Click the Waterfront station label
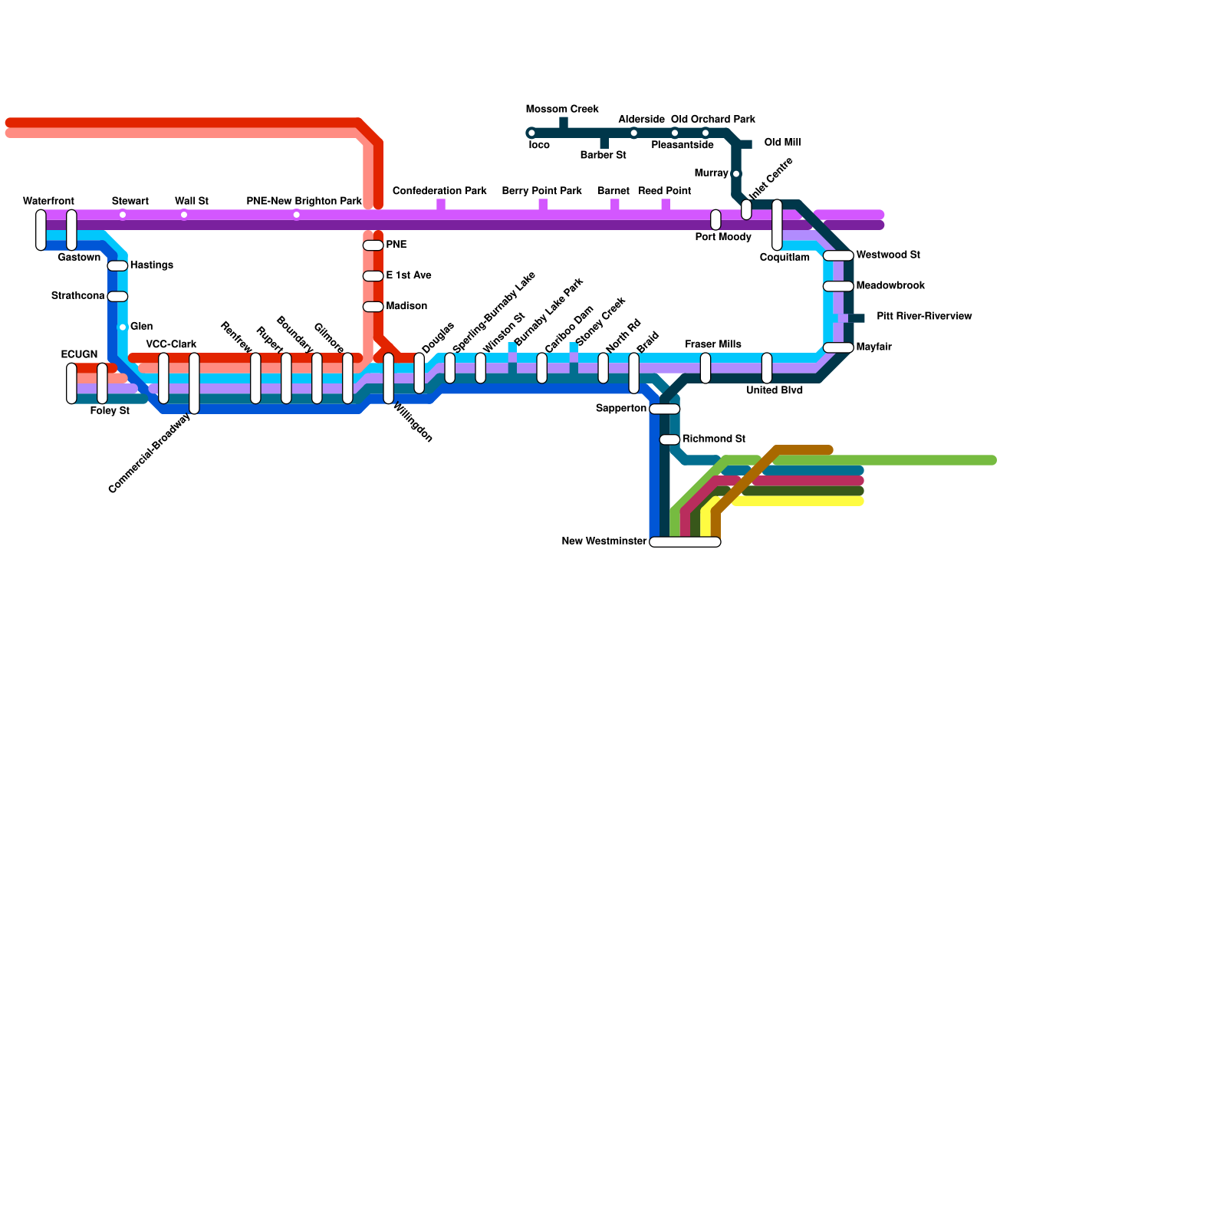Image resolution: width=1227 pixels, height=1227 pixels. pyautogui.click(x=48, y=201)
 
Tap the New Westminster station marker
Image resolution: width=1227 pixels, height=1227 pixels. pyautogui.click(x=685, y=542)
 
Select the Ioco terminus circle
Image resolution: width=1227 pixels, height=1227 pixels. pyautogui.click(x=531, y=133)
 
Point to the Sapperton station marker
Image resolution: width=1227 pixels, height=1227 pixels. pyautogui.click(x=664, y=410)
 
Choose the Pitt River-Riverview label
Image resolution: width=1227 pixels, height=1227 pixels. pyautogui.click(x=924, y=316)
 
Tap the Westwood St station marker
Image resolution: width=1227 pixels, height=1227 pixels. pyautogui.click(x=838, y=256)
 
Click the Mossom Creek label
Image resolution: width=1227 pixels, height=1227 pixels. pyautogui.click(x=562, y=109)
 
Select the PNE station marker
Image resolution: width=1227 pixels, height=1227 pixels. pyautogui.click(x=373, y=245)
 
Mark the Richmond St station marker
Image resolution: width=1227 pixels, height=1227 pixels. pyautogui.click(x=669, y=440)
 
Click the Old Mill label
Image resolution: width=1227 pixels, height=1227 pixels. pyautogui.click(x=783, y=143)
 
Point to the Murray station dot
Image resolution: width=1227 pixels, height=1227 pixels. pyautogui.click(x=736, y=174)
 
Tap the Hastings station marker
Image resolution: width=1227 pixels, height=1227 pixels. pyautogui.click(x=117, y=266)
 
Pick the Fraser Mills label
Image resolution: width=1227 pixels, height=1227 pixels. pyautogui.click(x=713, y=344)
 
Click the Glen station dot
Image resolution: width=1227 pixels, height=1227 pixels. pyautogui.click(x=122, y=327)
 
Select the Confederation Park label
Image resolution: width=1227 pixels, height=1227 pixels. pyautogui.click(x=439, y=191)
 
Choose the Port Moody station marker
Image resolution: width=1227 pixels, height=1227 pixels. pyautogui.click(x=715, y=220)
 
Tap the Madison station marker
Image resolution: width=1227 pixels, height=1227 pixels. pyautogui.click(x=373, y=307)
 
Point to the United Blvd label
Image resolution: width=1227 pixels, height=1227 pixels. pyautogui.click(x=775, y=390)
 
